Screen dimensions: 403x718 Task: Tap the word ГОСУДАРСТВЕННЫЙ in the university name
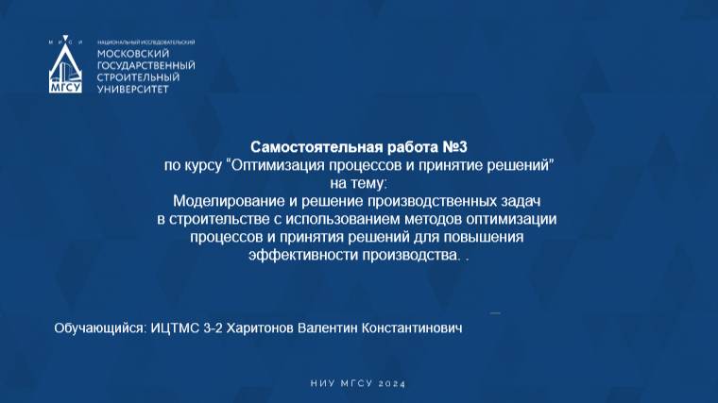point(146,65)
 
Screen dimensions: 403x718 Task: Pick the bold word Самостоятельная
point(306,147)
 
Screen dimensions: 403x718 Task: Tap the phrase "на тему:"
point(359,182)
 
